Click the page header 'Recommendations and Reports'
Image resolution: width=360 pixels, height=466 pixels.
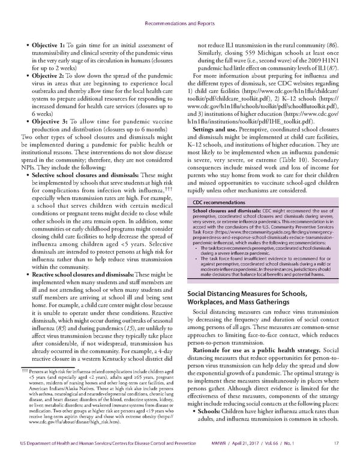179,9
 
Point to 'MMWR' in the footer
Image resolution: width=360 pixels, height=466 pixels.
228,459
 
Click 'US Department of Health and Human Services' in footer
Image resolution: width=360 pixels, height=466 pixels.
63,459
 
